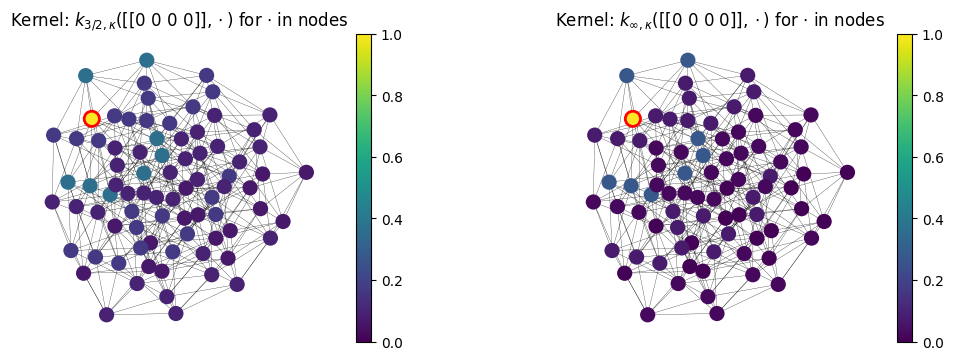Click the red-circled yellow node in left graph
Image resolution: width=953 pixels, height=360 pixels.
[x=91, y=118]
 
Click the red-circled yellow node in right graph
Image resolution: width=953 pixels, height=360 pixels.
[x=632, y=118]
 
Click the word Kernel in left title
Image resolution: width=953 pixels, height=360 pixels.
[x=35, y=20]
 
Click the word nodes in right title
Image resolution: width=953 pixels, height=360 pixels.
[x=862, y=20]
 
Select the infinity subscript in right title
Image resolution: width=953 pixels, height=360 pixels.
[x=632, y=24]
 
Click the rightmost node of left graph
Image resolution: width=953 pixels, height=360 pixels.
[x=306, y=172]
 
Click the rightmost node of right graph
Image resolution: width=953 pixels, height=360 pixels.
[x=847, y=172]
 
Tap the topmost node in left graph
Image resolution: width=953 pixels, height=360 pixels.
[x=147, y=60]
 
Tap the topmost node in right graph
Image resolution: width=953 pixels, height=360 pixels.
[x=688, y=60]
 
